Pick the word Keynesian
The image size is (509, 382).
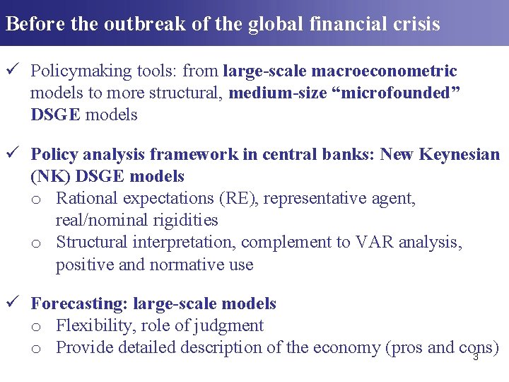(458, 154)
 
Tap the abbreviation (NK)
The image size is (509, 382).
(46, 176)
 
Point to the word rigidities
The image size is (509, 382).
(183, 220)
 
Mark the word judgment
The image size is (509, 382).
(230, 325)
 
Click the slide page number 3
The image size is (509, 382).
(476, 357)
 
